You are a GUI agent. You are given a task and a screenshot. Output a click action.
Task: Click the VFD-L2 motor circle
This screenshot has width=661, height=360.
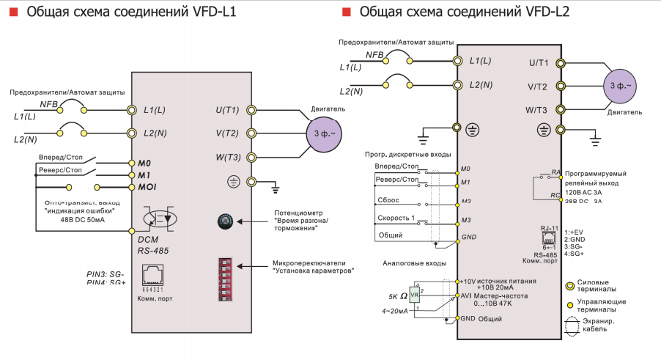tap(620, 87)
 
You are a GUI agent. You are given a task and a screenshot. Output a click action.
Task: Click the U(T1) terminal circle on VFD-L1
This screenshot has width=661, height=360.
tap(251, 110)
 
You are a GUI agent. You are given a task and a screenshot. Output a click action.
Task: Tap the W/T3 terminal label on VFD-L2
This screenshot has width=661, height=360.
tap(536, 110)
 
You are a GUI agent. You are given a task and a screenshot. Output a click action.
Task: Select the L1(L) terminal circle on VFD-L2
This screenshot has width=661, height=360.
tap(457, 61)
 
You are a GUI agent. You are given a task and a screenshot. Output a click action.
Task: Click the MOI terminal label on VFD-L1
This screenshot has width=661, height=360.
tap(147, 188)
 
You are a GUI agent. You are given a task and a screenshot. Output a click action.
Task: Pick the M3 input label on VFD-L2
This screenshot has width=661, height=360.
tap(465, 221)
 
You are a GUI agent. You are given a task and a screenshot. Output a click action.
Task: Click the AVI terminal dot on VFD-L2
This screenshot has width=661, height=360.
tap(457, 295)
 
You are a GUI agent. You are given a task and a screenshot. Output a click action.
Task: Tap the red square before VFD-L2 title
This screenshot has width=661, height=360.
tap(346, 12)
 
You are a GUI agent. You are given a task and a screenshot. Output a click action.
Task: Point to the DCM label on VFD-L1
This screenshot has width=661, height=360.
tap(148, 239)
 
